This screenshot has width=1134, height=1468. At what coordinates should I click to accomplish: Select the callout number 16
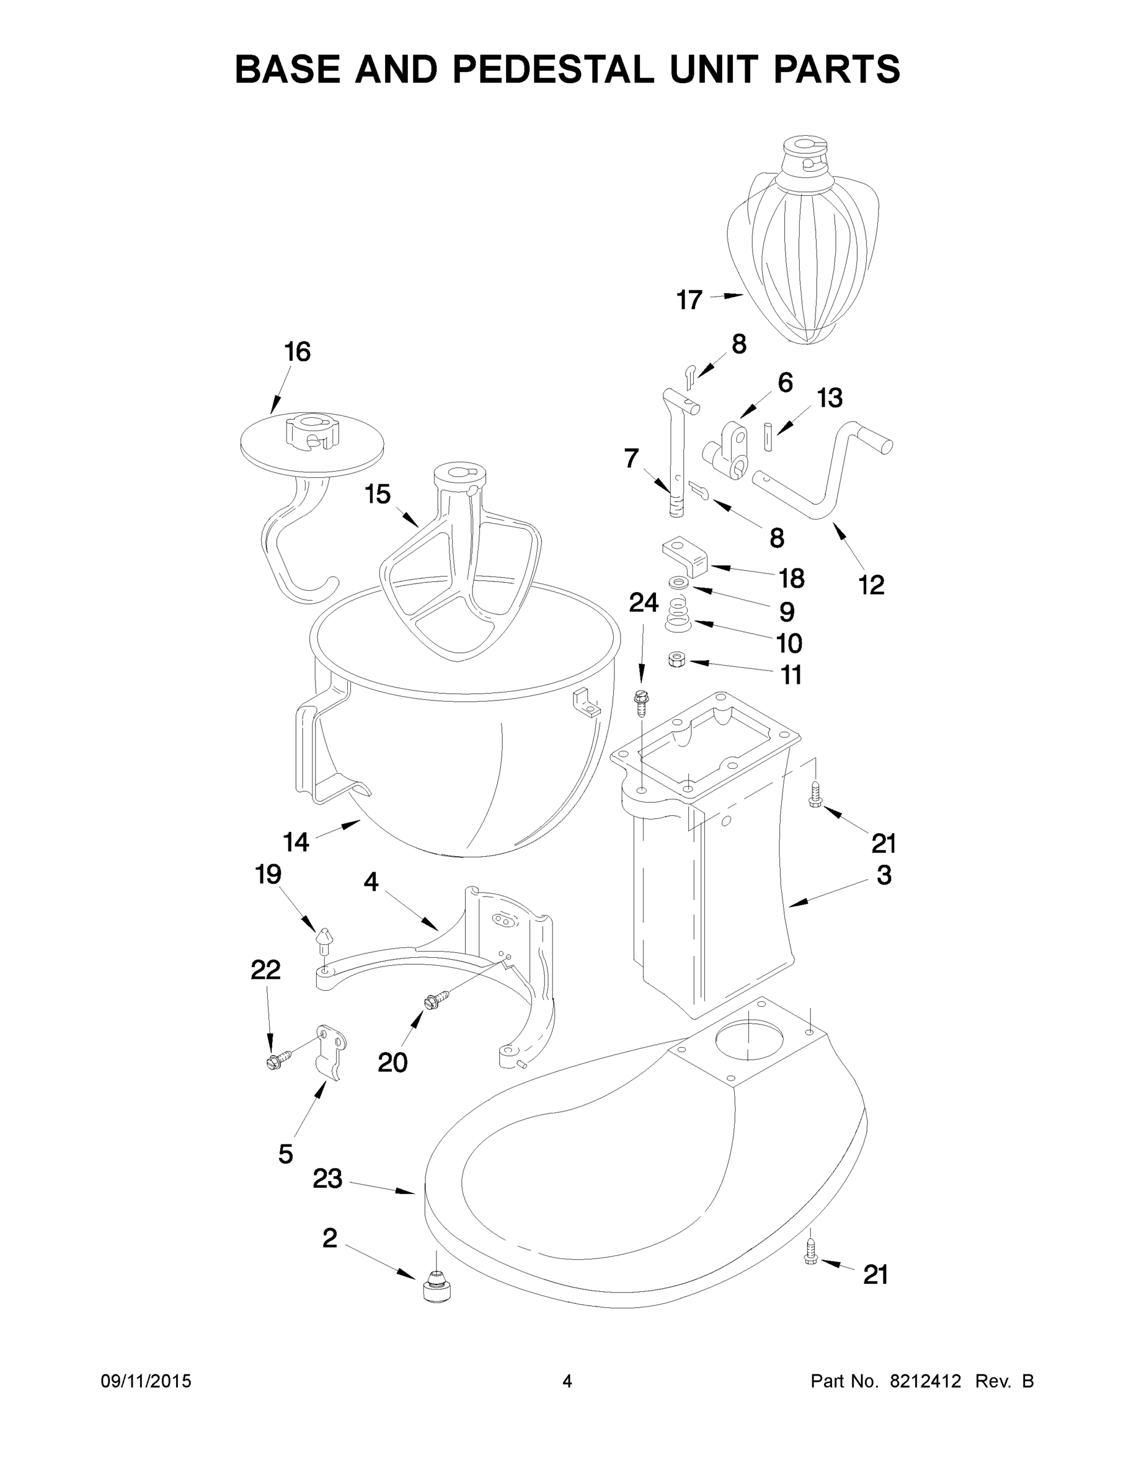pyautogui.click(x=297, y=352)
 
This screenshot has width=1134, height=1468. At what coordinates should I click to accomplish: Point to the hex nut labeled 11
pyautogui.click(x=677, y=660)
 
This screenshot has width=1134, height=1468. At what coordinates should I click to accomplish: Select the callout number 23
pyautogui.click(x=327, y=1178)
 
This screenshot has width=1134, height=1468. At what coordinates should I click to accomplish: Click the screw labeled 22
pyautogui.click(x=278, y=1060)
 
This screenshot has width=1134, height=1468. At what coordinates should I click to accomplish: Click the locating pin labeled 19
pyautogui.click(x=325, y=940)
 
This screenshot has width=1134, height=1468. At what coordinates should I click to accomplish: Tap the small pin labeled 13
pyautogui.click(x=768, y=437)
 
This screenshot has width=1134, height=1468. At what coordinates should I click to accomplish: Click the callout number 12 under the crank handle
pyautogui.click(x=871, y=585)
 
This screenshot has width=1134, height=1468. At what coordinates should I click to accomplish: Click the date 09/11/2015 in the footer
pyautogui.click(x=145, y=1381)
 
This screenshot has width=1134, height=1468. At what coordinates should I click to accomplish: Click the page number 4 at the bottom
pyautogui.click(x=567, y=1381)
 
